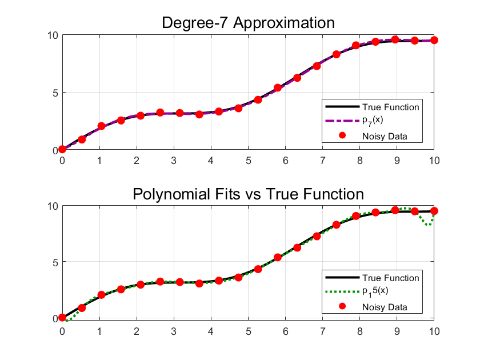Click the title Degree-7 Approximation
pos(248,23)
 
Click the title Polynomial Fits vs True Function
pos(248,194)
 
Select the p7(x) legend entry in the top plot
pos(373,121)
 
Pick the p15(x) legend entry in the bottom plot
pos(375,291)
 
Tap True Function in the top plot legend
pos(391,107)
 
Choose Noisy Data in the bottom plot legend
pos(385,307)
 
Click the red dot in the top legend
pos(342,135)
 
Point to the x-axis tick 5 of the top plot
pos(248,161)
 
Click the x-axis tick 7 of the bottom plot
pos(323,331)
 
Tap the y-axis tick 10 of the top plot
pos(53,35)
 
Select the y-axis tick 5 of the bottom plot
pos(55,262)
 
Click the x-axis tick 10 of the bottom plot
pos(434,331)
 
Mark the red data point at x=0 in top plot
pos(62,149)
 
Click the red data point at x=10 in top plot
pos(434,40)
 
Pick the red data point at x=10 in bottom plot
pos(434,211)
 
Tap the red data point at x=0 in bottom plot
pos(62,318)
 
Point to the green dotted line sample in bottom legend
pos(342,292)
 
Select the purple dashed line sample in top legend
pos(342,121)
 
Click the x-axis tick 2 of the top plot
pos(137,161)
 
